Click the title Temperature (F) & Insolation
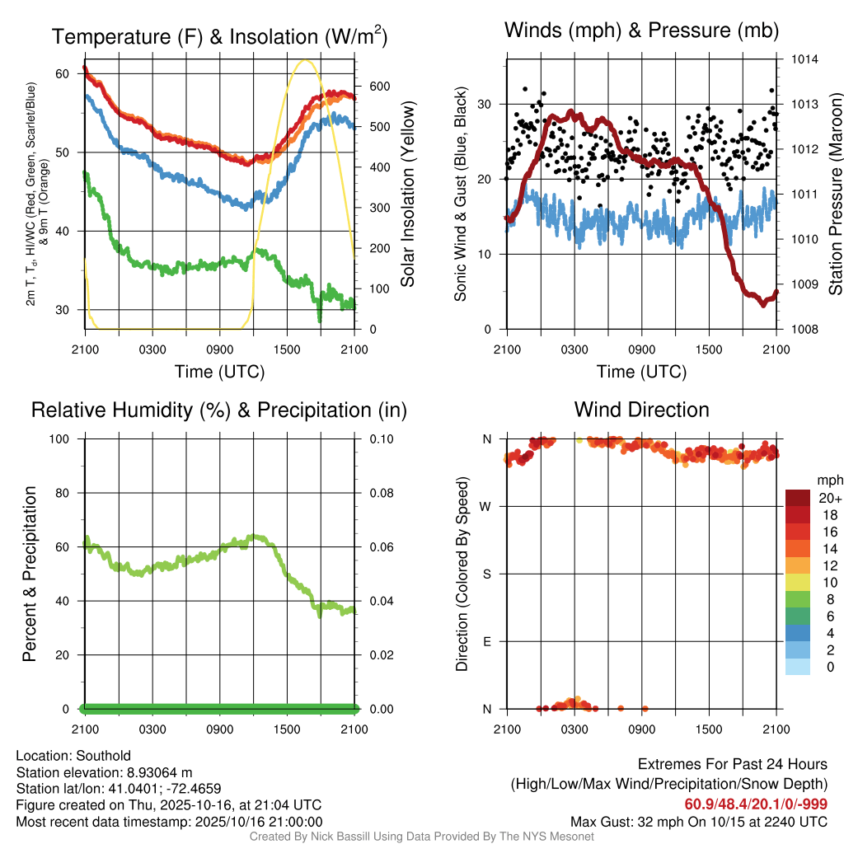coord(219,36)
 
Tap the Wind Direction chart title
coord(641,410)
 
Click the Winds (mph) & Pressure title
coord(641,30)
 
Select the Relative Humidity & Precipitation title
coord(218,410)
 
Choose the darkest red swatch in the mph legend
coord(798,498)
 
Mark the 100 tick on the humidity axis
coord(62,439)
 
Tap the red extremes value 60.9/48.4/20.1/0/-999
coord(755,804)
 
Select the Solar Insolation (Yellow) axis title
coord(407,195)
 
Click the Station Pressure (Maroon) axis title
coord(834,195)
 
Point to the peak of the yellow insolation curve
coord(306,59)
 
